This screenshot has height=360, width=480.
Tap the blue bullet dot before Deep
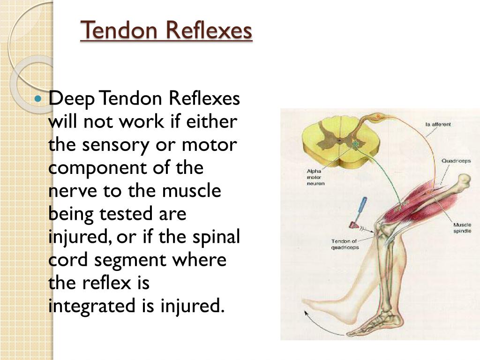click(39, 99)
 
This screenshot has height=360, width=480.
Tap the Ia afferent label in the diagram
click(438, 124)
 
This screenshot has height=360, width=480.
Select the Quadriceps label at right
click(456, 161)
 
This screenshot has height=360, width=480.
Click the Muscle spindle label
click(462, 228)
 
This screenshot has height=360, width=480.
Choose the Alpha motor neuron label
click(315, 177)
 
